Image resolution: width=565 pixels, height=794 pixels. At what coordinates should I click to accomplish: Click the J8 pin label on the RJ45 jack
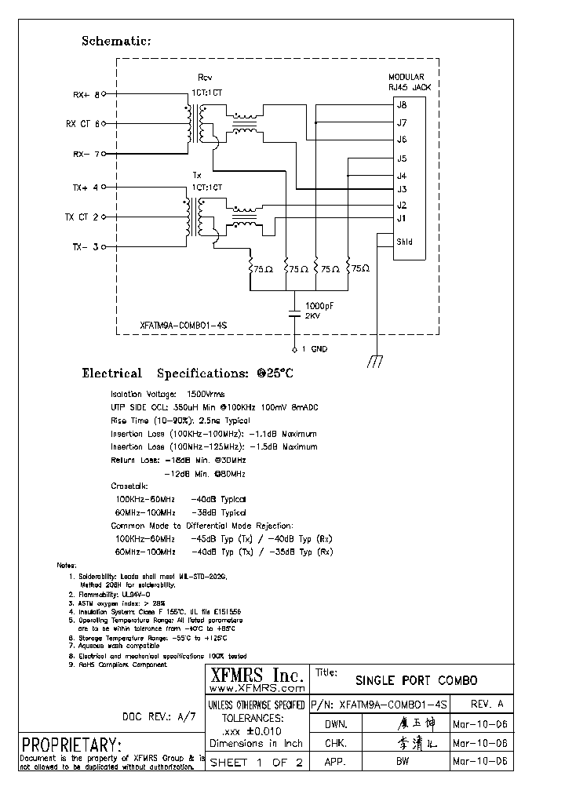401,105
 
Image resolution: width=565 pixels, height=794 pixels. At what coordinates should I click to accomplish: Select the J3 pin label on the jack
401,189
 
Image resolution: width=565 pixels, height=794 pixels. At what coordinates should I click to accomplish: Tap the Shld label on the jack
403,242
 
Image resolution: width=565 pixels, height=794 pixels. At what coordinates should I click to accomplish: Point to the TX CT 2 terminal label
82,217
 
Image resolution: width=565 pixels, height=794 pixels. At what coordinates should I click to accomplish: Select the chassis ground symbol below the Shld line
376,362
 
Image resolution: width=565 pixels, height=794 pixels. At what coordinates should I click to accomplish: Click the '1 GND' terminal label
315,348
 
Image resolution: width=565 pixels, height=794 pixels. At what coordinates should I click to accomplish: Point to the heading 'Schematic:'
116,41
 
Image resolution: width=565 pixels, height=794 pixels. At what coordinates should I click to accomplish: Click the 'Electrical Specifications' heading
188,374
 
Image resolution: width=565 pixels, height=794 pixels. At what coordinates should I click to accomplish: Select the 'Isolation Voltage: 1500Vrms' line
167,393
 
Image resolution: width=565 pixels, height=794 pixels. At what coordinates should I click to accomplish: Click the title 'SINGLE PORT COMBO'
416,680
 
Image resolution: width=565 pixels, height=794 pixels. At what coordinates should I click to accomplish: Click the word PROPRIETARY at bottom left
71,745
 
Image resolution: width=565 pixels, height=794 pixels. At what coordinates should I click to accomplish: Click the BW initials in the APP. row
403,762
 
